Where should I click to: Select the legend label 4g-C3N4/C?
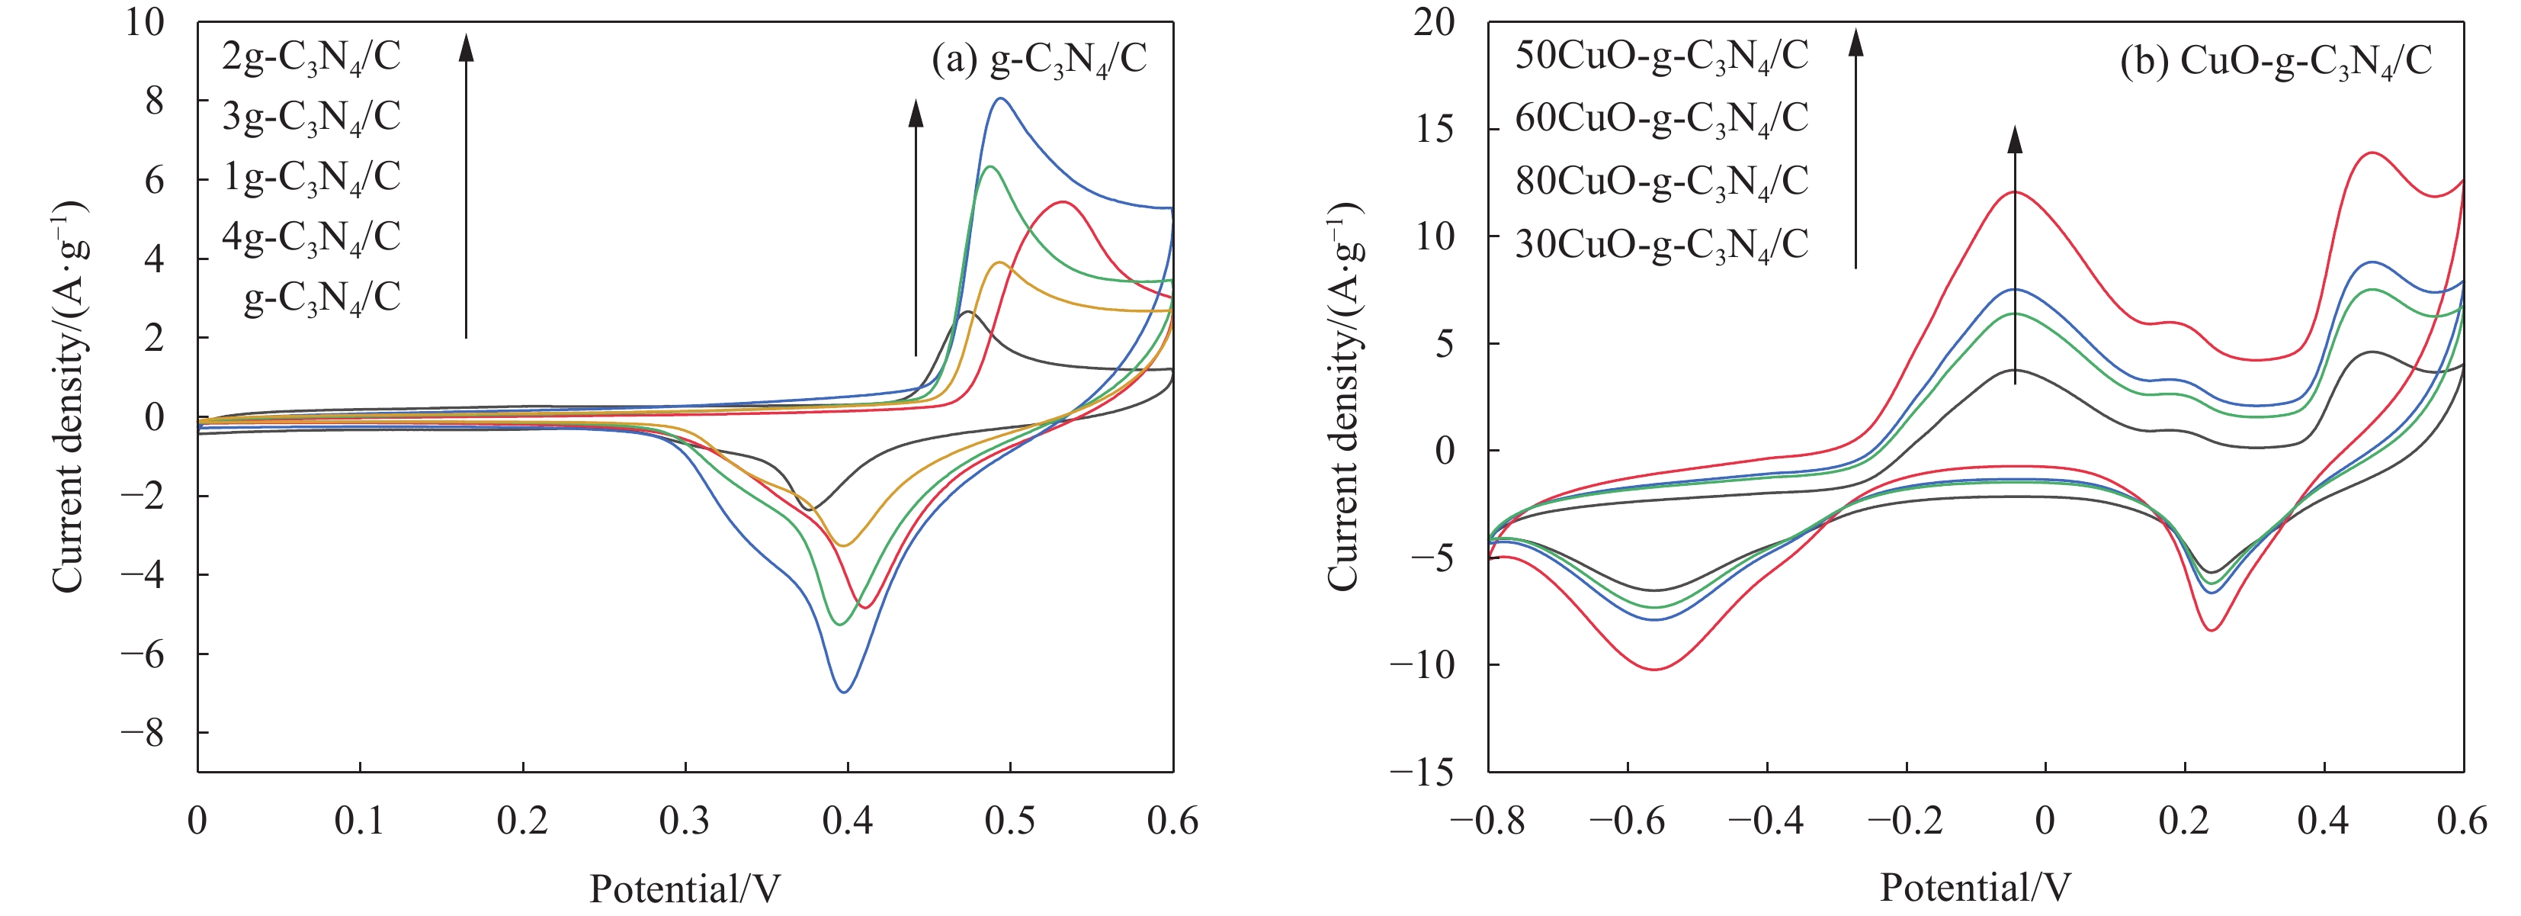click(311, 238)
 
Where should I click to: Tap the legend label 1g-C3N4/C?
click(311, 177)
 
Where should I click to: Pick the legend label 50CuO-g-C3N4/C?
click(1661, 56)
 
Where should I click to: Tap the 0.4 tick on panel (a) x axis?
click(848, 820)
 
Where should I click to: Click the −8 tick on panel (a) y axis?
click(143, 733)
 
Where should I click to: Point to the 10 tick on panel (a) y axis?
click(145, 21)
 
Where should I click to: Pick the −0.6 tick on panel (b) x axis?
click(1627, 820)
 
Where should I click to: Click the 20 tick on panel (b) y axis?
click(1434, 21)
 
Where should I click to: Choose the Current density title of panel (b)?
click(1344, 397)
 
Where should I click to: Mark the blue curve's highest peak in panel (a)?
click(1000, 98)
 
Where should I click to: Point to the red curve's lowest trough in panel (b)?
click(1655, 670)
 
